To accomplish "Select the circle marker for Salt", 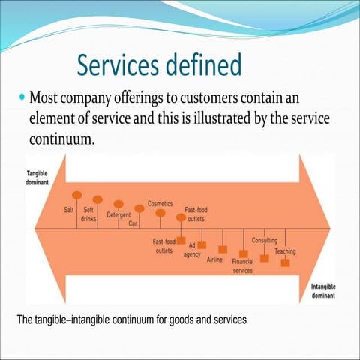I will point(77,195).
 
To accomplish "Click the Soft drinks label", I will point(88,216).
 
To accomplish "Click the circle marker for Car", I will point(139,209).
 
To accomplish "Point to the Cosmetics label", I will point(160,203).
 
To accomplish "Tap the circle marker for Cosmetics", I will point(160,214).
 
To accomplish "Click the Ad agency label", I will point(193,250).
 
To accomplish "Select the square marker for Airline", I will point(223,249).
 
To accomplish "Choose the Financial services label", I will point(243,266).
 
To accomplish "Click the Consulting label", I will point(265,240).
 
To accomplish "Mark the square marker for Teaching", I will point(285,262).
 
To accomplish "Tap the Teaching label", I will point(285,250).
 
